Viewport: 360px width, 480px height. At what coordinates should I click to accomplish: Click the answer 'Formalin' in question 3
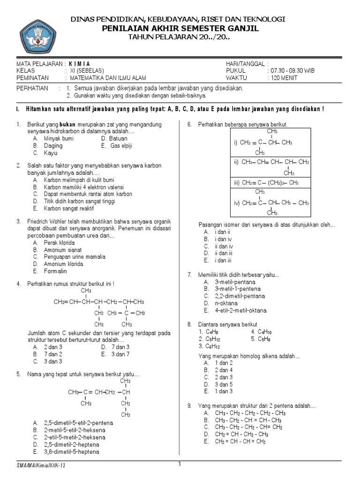click(55, 271)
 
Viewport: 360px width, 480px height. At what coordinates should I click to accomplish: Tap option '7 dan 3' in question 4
click(120, 347)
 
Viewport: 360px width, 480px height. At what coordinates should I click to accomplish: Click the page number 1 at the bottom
click(180, 464)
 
